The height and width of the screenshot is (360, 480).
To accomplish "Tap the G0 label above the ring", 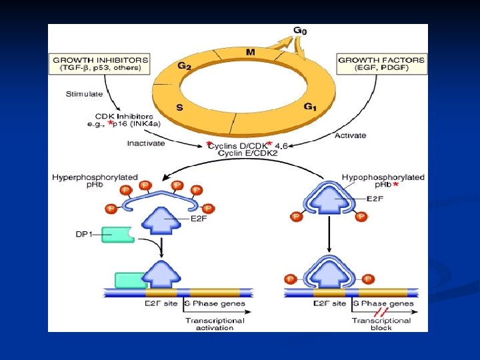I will coord(301,31).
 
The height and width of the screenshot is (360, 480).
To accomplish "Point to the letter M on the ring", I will coord(250,51).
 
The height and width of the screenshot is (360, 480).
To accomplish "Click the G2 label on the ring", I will coord(185,65).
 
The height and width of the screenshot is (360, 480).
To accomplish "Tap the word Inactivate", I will coord(146,143).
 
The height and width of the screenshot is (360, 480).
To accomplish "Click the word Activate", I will coord(350,135).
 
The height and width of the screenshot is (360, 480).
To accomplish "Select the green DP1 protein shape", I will coord(119,235).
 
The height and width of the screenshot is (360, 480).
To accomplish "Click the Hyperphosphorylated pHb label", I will coord(95,181).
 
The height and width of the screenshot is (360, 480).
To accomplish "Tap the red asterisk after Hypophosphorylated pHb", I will coord(397,183).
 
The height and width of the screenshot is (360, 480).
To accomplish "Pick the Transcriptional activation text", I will coord(215,324).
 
